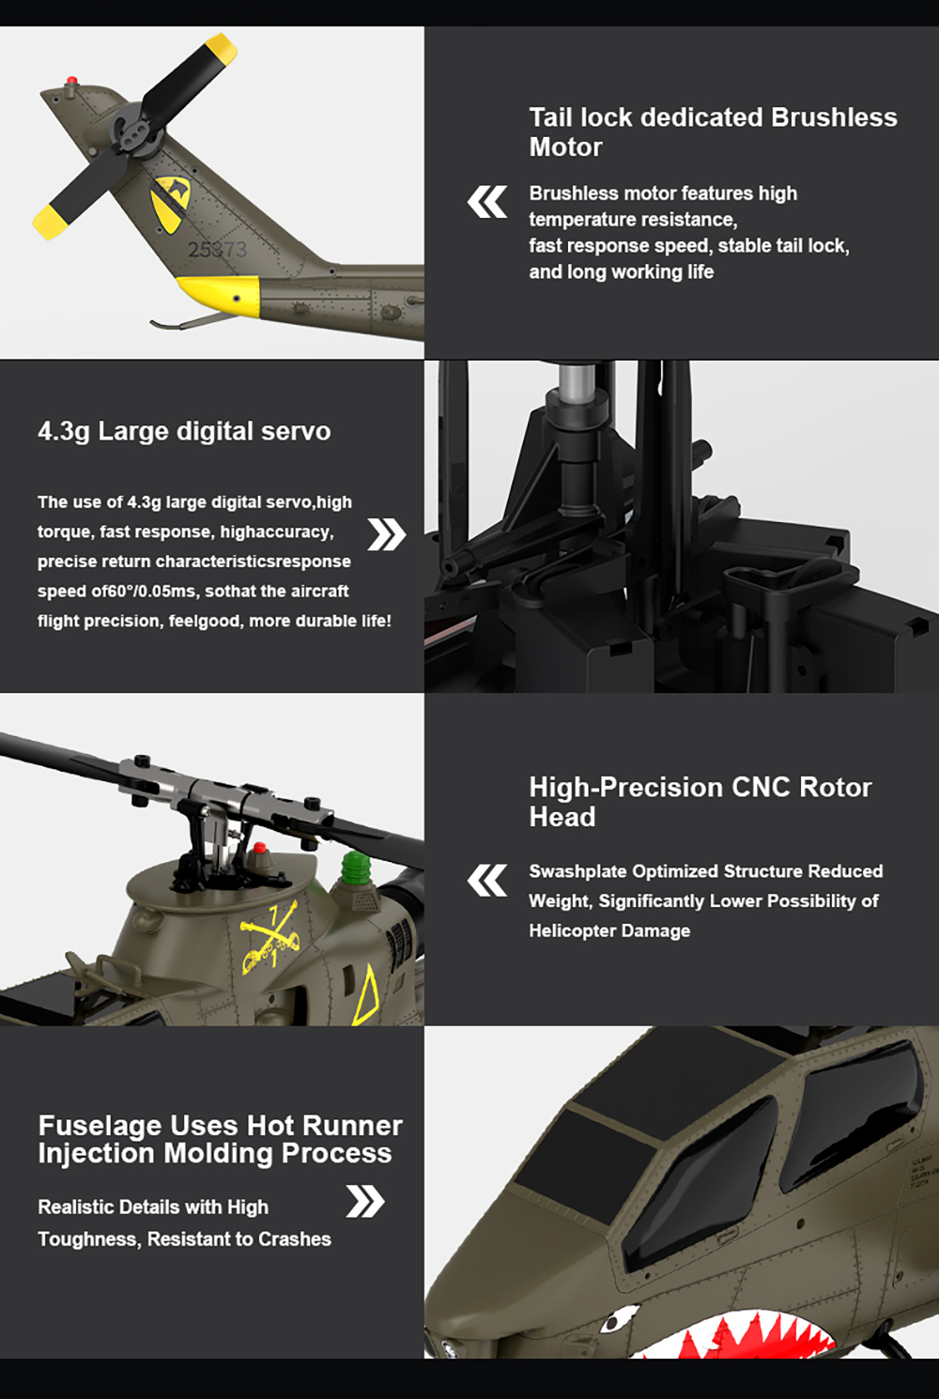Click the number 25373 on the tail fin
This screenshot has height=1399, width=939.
(218, 249)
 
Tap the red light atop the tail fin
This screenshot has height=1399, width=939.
(72, 81)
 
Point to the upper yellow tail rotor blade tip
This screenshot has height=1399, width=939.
(222, 48)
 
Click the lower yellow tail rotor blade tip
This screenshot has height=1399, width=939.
(48, 223)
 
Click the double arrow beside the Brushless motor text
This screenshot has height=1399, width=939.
(486, 202)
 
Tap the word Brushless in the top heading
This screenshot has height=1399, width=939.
(834, 117)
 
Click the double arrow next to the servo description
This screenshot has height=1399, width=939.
(387, 534)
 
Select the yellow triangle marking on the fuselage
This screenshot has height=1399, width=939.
(366, 994)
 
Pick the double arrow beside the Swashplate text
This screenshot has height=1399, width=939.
(486, 881)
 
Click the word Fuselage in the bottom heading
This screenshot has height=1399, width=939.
(100, 1126)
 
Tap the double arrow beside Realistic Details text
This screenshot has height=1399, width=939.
(365, 1201)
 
